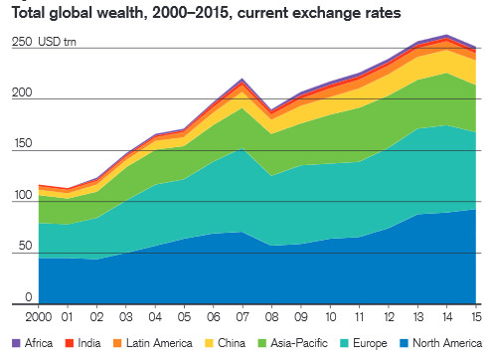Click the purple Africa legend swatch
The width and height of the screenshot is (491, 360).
[16, 343]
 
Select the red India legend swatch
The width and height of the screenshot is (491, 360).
[70, 343]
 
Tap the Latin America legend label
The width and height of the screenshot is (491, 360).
[159, 343]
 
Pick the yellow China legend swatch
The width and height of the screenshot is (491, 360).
[209, 343]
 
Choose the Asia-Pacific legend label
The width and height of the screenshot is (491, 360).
[299, 343]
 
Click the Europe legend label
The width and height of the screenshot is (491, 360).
[370, 343]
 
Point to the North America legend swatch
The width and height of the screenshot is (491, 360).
[405, 343]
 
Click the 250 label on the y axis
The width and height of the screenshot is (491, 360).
[22, 42]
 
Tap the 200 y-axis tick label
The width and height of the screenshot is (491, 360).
[22, 92]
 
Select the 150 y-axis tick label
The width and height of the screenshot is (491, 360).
[23, 143]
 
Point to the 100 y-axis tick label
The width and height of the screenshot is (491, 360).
[23, 195]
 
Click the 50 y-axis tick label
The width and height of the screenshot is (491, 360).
[25, 246]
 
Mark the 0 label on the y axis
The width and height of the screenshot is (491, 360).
[29, 297]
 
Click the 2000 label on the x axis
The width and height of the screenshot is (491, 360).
[39, 317]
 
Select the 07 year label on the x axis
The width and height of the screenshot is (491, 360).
[243, 317]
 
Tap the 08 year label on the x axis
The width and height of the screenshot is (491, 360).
[271, 317]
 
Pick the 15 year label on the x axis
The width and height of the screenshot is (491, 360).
[476, 317]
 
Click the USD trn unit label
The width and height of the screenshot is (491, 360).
[57, 42]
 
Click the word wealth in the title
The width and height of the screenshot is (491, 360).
[121, 13]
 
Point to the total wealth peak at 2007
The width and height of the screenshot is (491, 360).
[243, 79]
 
